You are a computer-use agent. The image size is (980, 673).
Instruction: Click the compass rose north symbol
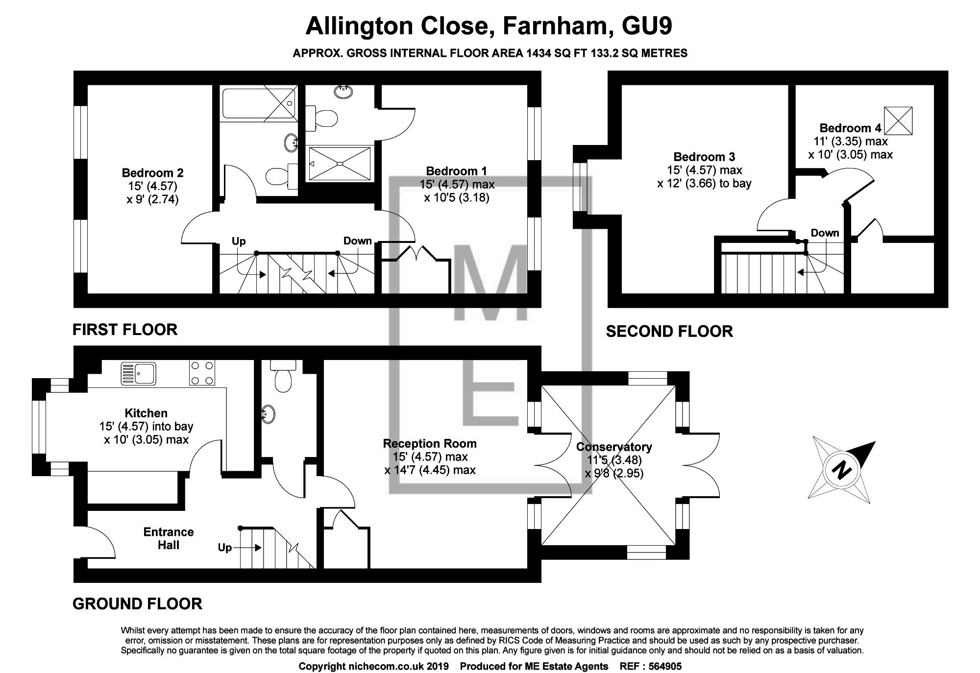pyautogui.click(x=842, y=471)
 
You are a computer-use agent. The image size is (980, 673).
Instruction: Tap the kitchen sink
pyautogui.click(x=138, y=373)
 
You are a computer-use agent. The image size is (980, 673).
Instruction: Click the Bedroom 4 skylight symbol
pyautogui.click(x=899, y=120)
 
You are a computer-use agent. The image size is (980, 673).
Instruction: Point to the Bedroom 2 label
pyautogui.click(x=152, y=173)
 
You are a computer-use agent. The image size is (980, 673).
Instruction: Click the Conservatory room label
pyautogui.click(x=614, y=447)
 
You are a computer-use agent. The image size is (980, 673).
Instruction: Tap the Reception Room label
pyautogui.click(x=430, y=444)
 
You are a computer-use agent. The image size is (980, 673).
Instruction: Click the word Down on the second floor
pyautogui.click(x=825, y=233)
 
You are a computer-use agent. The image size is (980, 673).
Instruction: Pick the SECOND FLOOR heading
pyautogui.click(x=669, y=332)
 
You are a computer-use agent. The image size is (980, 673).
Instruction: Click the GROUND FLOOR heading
pyautogui.click(x=137, y=604)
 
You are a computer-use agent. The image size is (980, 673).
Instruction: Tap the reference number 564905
pyautogui.click(x=665, y=666)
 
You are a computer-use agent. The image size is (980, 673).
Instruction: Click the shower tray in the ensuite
pyautogui.click(x=339, y=163)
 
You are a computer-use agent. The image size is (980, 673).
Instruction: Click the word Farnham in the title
pyautogui.click(x=554, y=26)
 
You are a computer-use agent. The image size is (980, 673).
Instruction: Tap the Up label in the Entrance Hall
pyautogui.click(x=225, y=547)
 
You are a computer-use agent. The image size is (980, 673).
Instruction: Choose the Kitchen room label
pyautogui.click(x=146, y=413)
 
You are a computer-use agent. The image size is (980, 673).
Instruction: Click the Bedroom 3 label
pyautogui.click(x=704, y=157)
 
